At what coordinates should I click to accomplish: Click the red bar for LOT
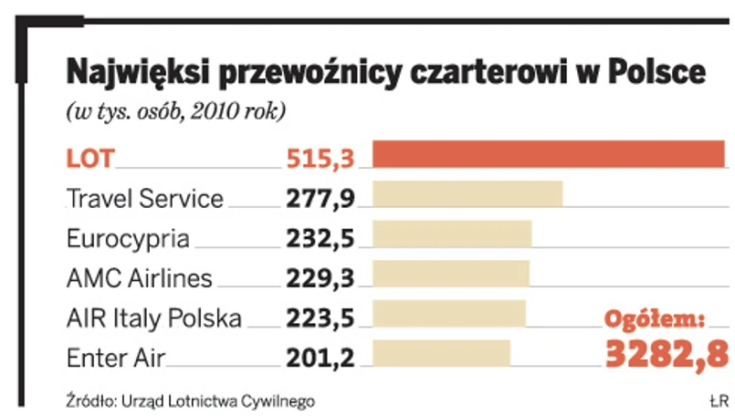[x=548, y=155]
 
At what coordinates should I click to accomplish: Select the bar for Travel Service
[x=467, y=195]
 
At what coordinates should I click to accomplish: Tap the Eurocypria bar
[x=452, y=234]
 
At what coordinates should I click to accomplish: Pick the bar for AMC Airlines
[x=451, y=274]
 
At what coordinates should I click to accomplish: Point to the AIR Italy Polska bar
[x=449, y=313]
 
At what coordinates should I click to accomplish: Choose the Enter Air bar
[x=442, y=353]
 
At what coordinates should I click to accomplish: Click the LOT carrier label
[x=90, y=159]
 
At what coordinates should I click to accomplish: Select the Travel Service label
[x=145, y=198]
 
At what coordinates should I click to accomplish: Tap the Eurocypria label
[x=129, y=238]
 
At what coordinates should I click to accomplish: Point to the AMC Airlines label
[x=140, y=277]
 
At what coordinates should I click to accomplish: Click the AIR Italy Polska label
[x=154, y=317]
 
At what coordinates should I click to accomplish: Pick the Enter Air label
[x=116, y=358]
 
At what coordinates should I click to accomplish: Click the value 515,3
[x=320, y=159]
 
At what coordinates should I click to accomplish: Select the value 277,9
[x=320, y=198]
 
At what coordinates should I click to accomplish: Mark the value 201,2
[x=320, y=358]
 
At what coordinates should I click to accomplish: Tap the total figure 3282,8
[x=667, y=352]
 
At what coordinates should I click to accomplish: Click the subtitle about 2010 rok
[x=175, y=112]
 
